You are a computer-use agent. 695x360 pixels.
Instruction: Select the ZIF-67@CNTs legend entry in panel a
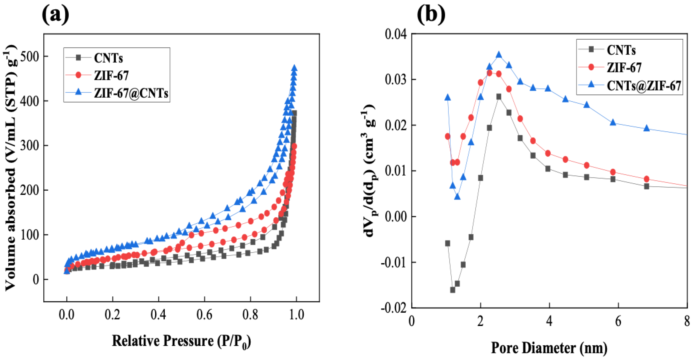[x=131, y=93]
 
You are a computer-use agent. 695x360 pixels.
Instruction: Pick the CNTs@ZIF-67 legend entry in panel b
[x=644, y=86]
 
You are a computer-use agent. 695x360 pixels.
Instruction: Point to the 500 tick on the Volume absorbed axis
[x=29, y=56]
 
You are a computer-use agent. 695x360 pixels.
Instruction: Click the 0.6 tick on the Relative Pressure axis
[x=204, y=315]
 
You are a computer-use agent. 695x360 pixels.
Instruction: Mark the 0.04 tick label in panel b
[x=395, y=34]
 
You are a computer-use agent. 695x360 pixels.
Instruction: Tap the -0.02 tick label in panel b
[x=394, y=308]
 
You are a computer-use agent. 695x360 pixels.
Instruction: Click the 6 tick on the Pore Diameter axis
[x=618, y=321]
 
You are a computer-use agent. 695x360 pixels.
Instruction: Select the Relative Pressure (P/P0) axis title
[x=181, y=341]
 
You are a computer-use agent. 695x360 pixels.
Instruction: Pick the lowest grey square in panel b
[x=453, y=290]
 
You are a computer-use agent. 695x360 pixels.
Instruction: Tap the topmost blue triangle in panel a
[x=294, y=68]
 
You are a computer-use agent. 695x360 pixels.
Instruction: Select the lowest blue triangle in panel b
[x=457, y=197]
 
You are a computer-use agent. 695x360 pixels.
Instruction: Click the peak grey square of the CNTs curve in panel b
[x=499, y=97]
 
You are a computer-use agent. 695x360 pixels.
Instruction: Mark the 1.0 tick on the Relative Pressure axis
[x=296, y=315]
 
